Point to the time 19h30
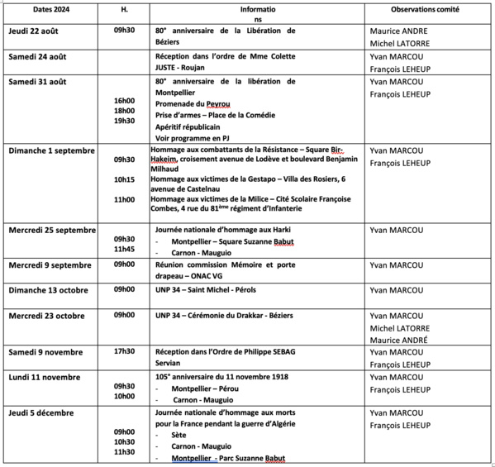(124, 121)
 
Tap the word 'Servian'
(168, 362)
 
